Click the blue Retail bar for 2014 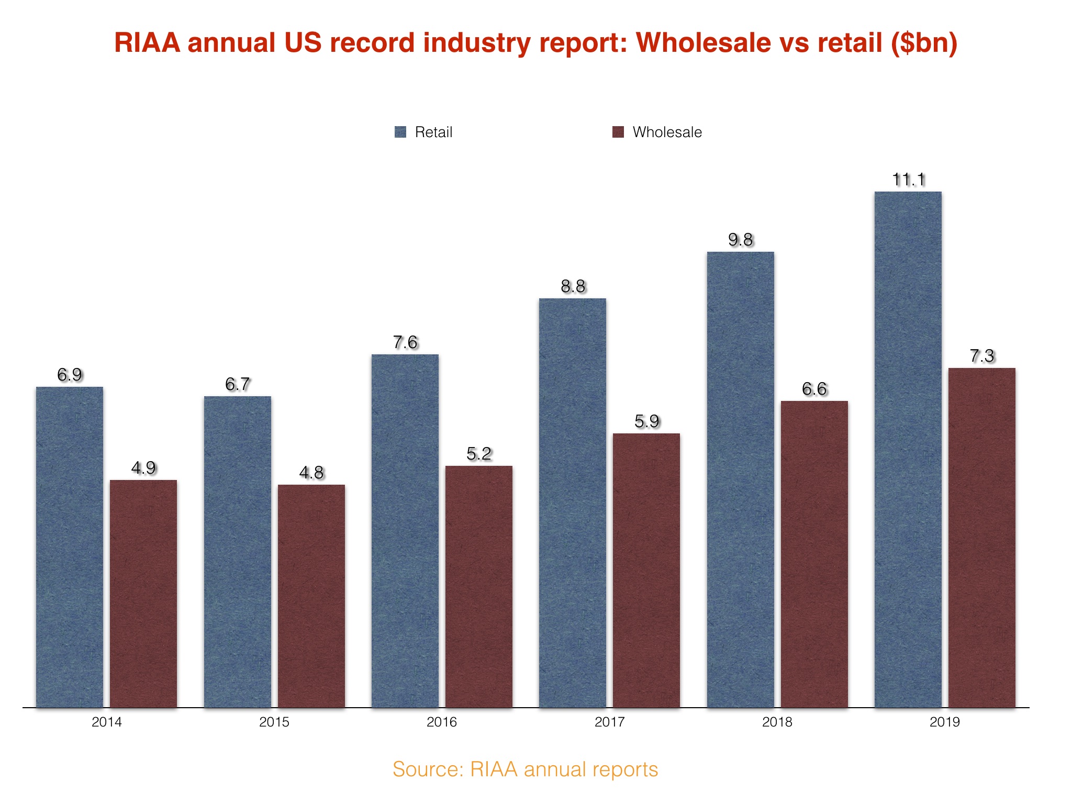coord(70,547)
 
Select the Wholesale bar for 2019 coord(982,538)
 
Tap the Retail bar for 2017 coord(573,502)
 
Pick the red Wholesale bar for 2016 coord(479,586)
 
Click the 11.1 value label coord(909,180)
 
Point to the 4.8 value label coord(311,473)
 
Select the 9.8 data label coord(741,240)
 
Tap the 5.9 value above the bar coord(647,421)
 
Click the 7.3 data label coord(982,356)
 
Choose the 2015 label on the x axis coord(274,722)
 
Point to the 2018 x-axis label coord(777,722)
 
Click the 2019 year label coord(945,722)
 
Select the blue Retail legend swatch coord(400,132)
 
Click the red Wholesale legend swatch coord(618,132)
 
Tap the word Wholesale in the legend coord(667,132)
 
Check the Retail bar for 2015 coord(238,552)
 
